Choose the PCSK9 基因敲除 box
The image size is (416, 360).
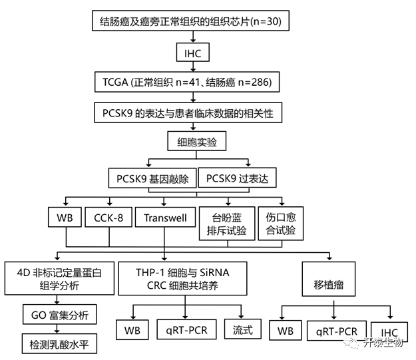[152, 179]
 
